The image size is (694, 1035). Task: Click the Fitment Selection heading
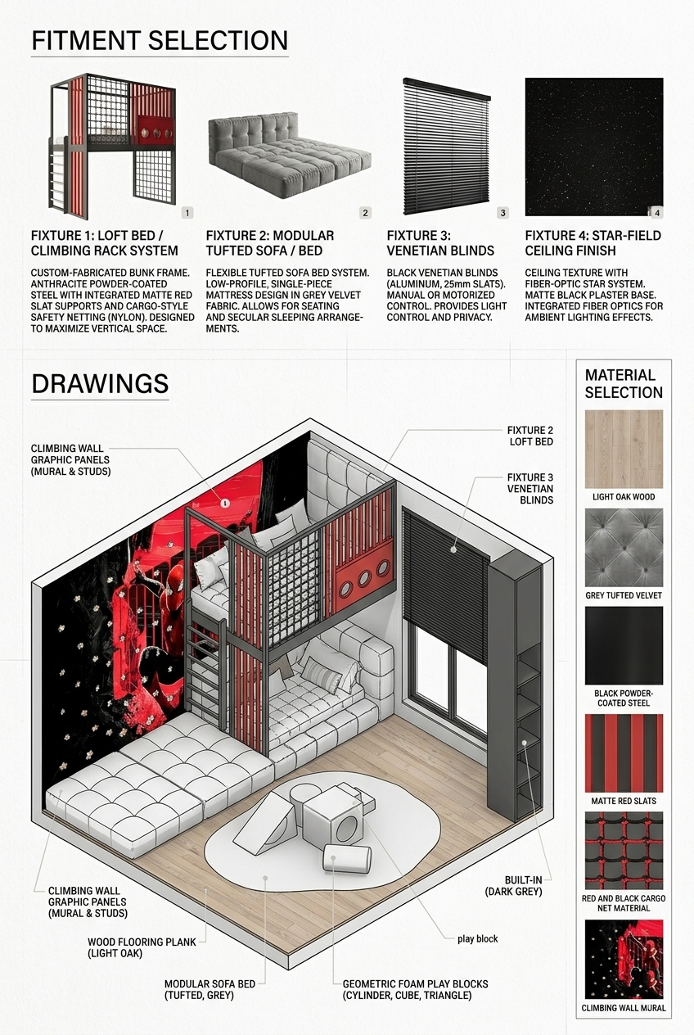coord(160,41)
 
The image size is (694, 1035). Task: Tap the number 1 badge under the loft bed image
coord(187,213)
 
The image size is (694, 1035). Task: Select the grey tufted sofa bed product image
coord(290,155)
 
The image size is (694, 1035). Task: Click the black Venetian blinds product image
coord(447,147)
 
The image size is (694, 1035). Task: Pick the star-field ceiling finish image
coord(594,147)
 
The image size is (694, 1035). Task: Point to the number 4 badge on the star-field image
coord(657,213)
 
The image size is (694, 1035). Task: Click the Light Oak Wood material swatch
coord(624,449)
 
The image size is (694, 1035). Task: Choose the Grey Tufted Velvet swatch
coord(624,548)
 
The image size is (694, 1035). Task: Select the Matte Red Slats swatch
coord(624,753)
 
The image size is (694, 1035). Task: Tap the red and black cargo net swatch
coord(624,851)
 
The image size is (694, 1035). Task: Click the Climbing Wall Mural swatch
coord(624,959)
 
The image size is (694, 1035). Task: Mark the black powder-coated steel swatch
coord(624,645)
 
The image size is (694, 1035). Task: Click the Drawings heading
coord(100,384)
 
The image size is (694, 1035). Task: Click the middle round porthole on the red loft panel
coord(364,578)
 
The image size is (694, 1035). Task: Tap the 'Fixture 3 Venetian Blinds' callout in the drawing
coord(530,488)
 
